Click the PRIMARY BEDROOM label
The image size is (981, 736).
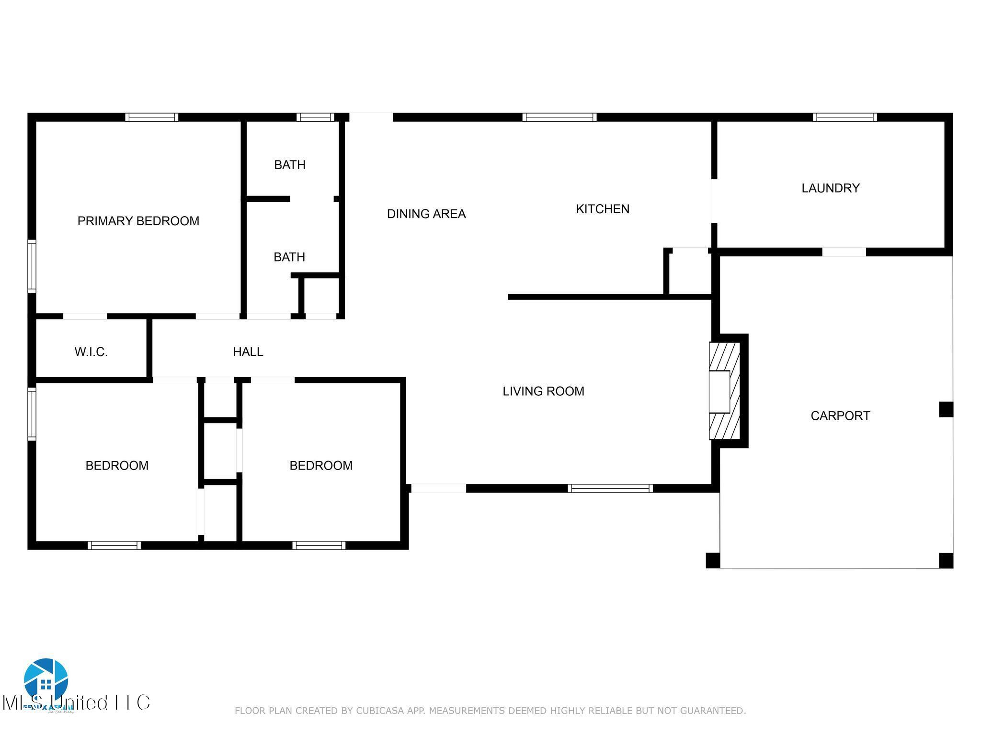click(138, 221)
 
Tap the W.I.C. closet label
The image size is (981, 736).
click(91, 352)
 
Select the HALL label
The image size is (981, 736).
click(248, 352)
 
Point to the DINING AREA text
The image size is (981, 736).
click(426, 214)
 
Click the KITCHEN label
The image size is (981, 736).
click(602, 209)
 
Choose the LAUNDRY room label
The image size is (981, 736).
click(830, 188)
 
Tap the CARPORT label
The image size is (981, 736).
click(840, 416)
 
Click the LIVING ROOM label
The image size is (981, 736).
click(543, 391)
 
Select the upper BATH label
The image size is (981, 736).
click(289, 165)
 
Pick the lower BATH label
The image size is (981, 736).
click(289, 257)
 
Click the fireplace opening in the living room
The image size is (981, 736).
click(719, 391)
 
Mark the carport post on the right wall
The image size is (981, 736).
click(946, 410)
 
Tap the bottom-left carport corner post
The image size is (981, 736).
click(713, 560)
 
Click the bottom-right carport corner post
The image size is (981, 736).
click(946, 560)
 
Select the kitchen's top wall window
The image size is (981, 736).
click(559, 117)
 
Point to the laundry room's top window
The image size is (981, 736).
click(844, 117)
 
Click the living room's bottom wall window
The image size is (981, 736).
click(610, 488)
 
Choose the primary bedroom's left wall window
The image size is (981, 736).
click(32, 266)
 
